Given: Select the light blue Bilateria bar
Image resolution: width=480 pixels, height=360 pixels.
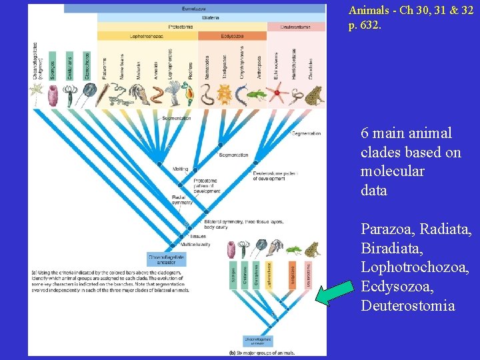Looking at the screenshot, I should (x=211, y=18).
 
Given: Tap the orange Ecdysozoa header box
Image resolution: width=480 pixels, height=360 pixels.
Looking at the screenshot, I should (x=232, y=35).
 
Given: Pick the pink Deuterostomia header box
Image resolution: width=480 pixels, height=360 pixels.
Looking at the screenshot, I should (x=297, y=27).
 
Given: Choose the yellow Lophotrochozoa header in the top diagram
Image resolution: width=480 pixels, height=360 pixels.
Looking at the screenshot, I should (x=147, y=35).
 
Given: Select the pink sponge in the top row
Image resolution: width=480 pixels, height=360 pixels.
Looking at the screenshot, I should (x=53, y=95).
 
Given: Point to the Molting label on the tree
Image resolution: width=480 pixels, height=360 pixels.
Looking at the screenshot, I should (x=180, y=169).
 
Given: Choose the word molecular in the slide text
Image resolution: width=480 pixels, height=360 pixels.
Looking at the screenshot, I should (x=393, y=171).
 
